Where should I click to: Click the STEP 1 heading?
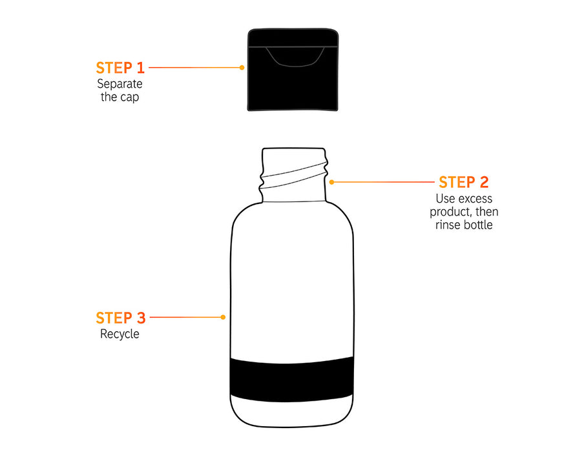120,68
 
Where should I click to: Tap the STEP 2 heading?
463,183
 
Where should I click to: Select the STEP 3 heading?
120,318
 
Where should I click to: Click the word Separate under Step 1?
120,84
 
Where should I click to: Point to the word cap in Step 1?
129,98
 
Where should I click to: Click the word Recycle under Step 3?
120,334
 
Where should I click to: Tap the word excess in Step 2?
475,199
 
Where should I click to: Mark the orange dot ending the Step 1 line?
242,67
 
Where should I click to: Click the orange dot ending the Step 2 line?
331,182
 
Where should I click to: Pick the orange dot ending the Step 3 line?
223,317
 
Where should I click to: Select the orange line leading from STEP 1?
194,67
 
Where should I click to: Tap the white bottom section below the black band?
291,411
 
